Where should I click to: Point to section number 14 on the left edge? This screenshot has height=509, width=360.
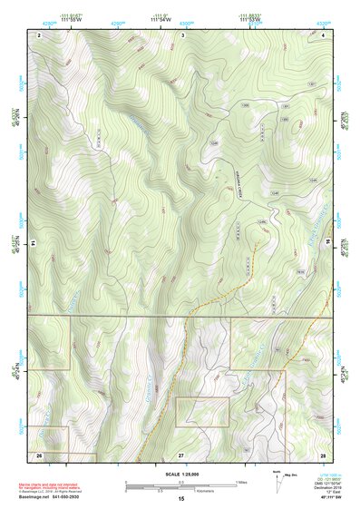(x=33, y=244)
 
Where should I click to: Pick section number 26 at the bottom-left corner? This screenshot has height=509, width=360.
(x=40, y=454)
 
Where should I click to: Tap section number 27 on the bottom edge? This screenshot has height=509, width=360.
(x=181, y=454)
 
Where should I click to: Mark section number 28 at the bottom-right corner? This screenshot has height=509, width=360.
(x=324, y=454)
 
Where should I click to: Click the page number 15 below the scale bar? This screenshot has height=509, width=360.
(x=181, y=499)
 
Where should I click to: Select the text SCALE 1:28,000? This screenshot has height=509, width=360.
(x=181, y=474)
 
